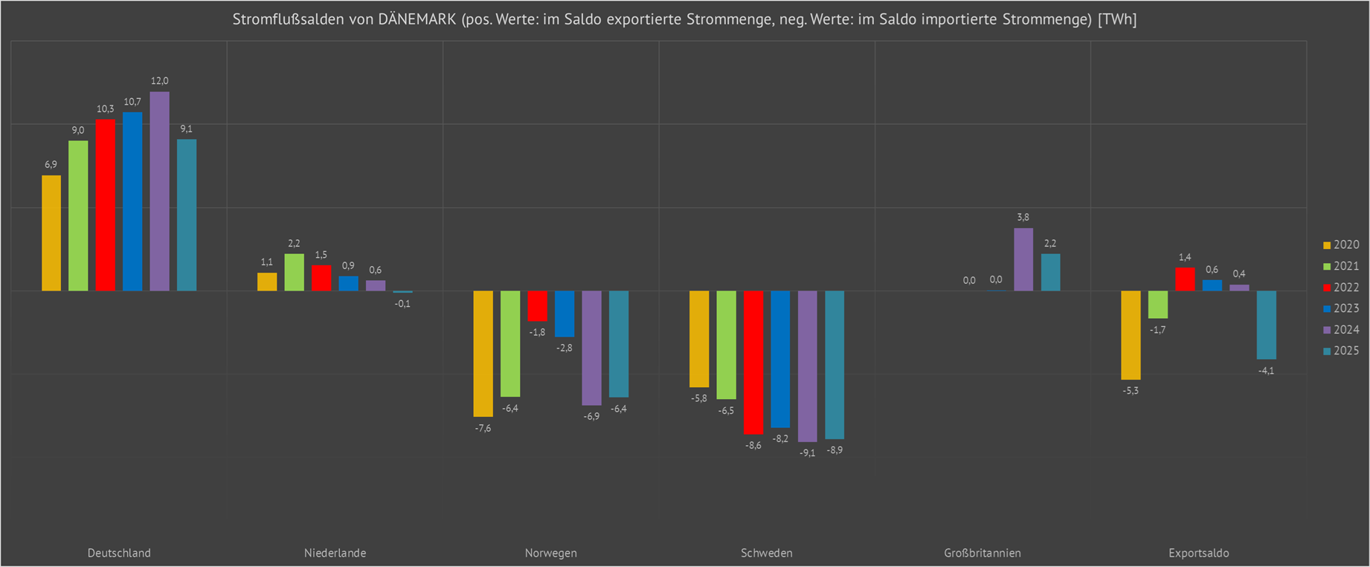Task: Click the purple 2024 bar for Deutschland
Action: pos(159,191)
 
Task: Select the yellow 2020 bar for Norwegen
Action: pos(483,353)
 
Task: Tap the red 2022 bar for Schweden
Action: pos(753,362)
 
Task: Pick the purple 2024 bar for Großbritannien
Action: pos(1023,259)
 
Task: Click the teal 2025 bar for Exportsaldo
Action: pos(1267,325)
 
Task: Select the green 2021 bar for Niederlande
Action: pos(294,272)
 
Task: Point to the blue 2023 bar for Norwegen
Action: pos(565,314)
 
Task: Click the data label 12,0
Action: pos(159,81)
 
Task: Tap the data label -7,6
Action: pos(483,429)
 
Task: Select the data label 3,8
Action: pos(1023,218)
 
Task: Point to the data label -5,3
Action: pos(1131,391)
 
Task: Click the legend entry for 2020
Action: pos(1341,245)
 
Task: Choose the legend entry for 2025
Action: pos(1341,351)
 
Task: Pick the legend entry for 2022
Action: pos(1341,288)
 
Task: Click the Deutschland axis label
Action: pos(119,553)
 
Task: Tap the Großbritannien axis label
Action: pos(983,553)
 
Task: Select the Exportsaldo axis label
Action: pos(1198,553)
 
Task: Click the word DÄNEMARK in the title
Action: pos(417,19)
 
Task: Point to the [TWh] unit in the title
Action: pos(1117,19)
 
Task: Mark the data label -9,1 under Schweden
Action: pos(808,453)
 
